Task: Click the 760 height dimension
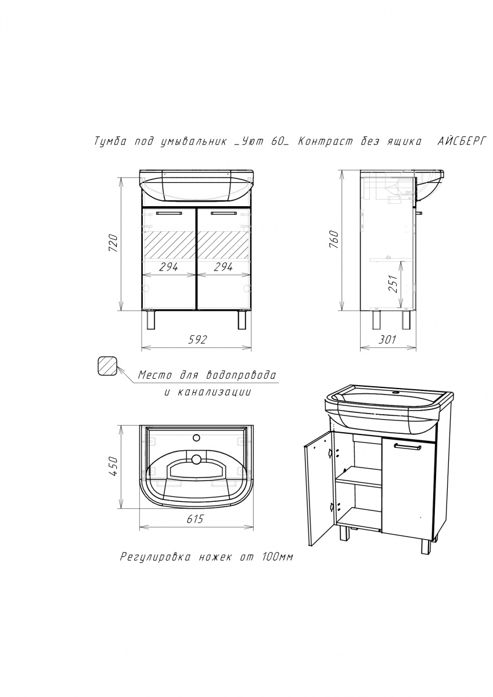tap(333, 239)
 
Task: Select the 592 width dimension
tap(197, 339)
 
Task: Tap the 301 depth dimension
tap(388, 339)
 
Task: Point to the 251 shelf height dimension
tap(393, 283)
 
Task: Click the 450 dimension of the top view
tap(114, 466)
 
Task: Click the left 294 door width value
tap(168, 267)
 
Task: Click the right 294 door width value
tap(223, 267)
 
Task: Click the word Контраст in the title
tap(325, 142)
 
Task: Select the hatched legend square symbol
tap(107, 367)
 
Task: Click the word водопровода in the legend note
tap(242, 375)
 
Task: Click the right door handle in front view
tap(224, 214)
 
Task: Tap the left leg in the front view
tap(150, 320)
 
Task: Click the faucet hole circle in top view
tap(196, 438)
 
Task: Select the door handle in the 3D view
tap(408, 447)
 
